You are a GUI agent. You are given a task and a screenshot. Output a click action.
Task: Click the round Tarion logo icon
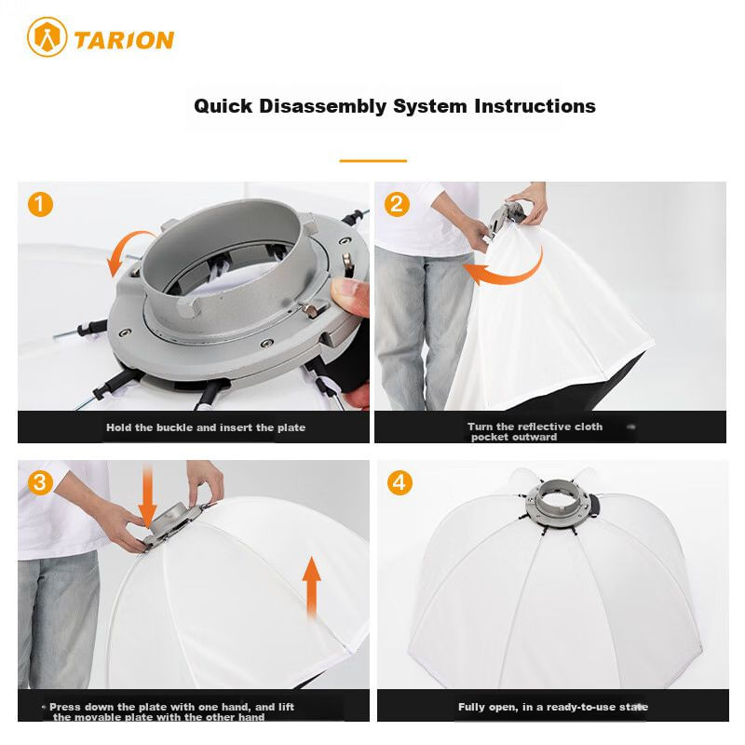(x=47, y=37)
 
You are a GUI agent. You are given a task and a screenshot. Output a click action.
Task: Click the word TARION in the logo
(x=124, y=40)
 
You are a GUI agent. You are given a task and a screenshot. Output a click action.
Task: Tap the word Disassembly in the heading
(x=322, y=106)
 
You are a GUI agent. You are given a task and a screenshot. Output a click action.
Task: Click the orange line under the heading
(x=373, y=160)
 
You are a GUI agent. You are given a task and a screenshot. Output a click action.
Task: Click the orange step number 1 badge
(x=40, y=204)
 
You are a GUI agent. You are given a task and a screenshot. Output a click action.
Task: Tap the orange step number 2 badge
(x=397, y=204)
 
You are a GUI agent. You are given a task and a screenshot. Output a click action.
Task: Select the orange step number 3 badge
(x=40, y=482)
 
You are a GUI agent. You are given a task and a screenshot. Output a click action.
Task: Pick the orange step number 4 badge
(x=400, y=482)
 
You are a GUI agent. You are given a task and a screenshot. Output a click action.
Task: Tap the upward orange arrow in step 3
(x=311, y=588)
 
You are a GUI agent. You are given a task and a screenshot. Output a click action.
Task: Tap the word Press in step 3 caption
(x=65, y=707)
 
